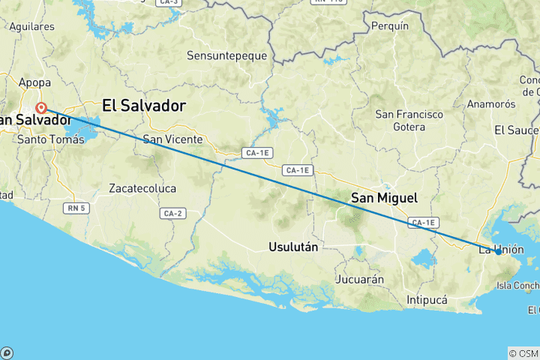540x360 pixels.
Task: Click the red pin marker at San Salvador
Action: click(42, 107)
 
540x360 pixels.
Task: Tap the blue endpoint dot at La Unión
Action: click(498, 252)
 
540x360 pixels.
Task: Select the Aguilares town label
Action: click(31, 26)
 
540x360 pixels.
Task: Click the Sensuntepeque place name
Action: click(225, 55)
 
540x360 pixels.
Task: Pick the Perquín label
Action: click(390, 25)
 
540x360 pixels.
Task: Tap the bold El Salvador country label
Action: click(143, 106)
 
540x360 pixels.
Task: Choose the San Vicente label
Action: click(172, 139)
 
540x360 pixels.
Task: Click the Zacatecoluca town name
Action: click(142, 187)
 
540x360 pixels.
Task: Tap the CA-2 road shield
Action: click(172, 214)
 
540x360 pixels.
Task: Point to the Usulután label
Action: click(293, 246)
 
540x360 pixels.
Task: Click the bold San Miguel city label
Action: click(385, 198)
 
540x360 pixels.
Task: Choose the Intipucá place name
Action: click(427, 300)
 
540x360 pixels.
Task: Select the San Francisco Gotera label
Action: click(409, 121)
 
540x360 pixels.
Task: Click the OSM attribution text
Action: click(523, 353)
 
